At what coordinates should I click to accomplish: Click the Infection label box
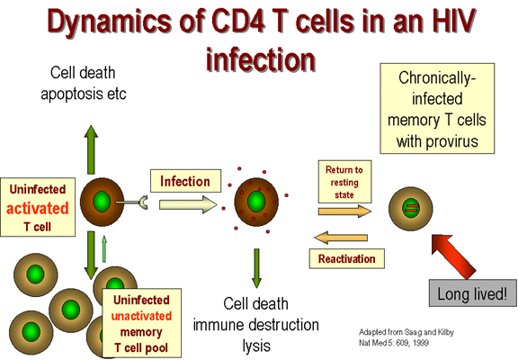185,181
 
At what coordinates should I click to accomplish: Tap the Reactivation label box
347,258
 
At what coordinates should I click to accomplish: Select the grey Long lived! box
473,292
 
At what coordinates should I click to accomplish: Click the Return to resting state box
344,182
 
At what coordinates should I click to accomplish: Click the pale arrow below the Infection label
188,204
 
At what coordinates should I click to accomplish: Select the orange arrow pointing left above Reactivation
341,238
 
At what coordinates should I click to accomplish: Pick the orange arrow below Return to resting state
344,211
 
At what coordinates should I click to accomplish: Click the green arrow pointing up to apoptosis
91,149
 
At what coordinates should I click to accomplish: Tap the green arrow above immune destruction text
256,268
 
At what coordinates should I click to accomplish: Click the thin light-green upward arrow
104,249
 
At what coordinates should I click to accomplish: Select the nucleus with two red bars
411,208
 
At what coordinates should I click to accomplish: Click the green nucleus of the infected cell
256,202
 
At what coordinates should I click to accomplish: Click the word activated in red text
38,208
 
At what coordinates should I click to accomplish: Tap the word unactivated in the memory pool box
141,316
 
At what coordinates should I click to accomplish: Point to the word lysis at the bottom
256,346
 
